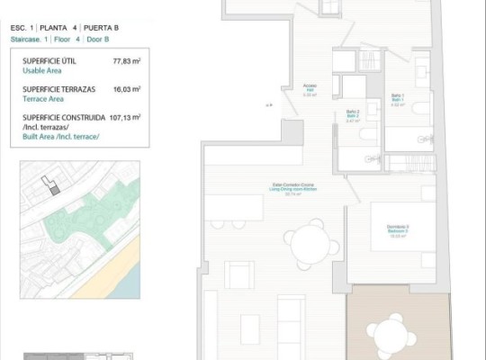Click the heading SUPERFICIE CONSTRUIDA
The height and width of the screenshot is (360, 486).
coord(66,116)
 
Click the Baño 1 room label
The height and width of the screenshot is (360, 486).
coord(397,98)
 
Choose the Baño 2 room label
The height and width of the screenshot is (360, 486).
coord(353,115)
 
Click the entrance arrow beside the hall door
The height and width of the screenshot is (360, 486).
coord(268,105)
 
